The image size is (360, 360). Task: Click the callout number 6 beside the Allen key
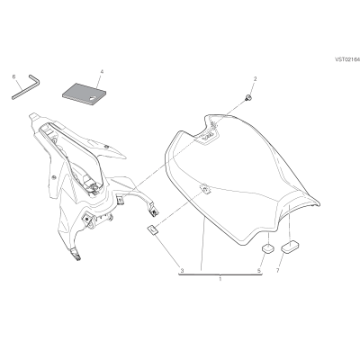(x=13, y=76)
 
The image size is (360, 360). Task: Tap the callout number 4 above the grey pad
(x=102, y=72)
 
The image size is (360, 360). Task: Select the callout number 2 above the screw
(x=256, y=79)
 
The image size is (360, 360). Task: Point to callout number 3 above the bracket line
(x=182, y=271)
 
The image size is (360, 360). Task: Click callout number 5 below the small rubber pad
(x=259, y=271)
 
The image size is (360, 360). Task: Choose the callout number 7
(x=277, y=271)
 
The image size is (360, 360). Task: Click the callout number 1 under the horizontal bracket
(x=220, y=279)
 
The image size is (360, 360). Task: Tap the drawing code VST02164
(x=347, y=59)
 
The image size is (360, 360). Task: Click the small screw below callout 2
(x=248, y=97)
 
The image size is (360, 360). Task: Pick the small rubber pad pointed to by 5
(x=268, y=247)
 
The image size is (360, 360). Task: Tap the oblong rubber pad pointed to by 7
(x=290, y=247)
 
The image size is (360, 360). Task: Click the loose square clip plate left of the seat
(x=153, y=229)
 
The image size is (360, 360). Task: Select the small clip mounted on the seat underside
(x=205, y=189)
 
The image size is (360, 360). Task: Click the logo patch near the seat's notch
(x=206, y=137)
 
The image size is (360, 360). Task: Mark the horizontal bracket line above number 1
(x=220, y=274)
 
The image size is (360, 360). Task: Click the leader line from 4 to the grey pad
(x=100, y=80)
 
